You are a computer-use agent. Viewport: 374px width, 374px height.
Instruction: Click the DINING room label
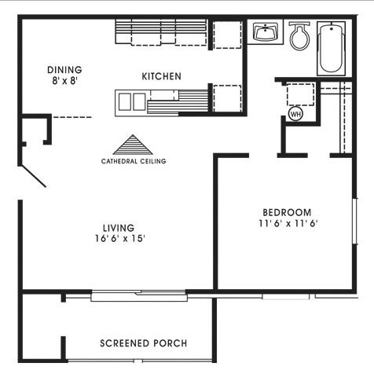tap(64, 70)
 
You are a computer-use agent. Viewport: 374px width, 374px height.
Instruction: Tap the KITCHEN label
tap(161, 76)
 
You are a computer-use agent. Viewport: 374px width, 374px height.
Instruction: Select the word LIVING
tap(119, 228)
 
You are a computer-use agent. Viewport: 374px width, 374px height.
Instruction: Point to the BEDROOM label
tap(287, 212)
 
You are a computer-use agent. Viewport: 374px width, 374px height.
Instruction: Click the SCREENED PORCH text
tap(144, 343)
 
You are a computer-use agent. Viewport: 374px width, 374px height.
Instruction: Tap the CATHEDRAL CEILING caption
tap(134, 161)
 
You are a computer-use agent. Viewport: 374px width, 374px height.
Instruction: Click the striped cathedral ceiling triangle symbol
tap(133, 145)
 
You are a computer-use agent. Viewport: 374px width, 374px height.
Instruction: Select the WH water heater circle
tap(295, 114)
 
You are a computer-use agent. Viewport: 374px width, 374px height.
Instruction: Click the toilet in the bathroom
tap(299, 36)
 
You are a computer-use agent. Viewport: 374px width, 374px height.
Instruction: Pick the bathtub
tap(332, 49)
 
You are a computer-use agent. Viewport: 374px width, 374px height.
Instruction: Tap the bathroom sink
tap(266, 32)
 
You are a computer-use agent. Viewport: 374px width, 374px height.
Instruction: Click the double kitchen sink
tap(132, 102)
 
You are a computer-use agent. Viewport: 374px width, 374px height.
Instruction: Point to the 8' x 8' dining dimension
tap(64, 81)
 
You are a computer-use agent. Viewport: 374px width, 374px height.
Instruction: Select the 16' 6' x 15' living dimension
tap(120, 239)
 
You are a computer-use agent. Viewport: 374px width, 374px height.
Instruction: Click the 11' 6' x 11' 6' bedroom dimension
tap(288, 223)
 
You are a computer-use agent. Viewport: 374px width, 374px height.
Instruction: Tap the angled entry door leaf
tap(33, 176)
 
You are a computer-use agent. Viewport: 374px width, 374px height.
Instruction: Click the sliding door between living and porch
tap(139, 295)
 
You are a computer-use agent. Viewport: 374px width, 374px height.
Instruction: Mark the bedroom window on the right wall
tap(355, 222)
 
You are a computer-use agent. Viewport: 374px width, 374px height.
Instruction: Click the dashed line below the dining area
tap(72, 117)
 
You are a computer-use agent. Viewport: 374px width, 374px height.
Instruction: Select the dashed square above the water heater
tap(300, 94)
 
